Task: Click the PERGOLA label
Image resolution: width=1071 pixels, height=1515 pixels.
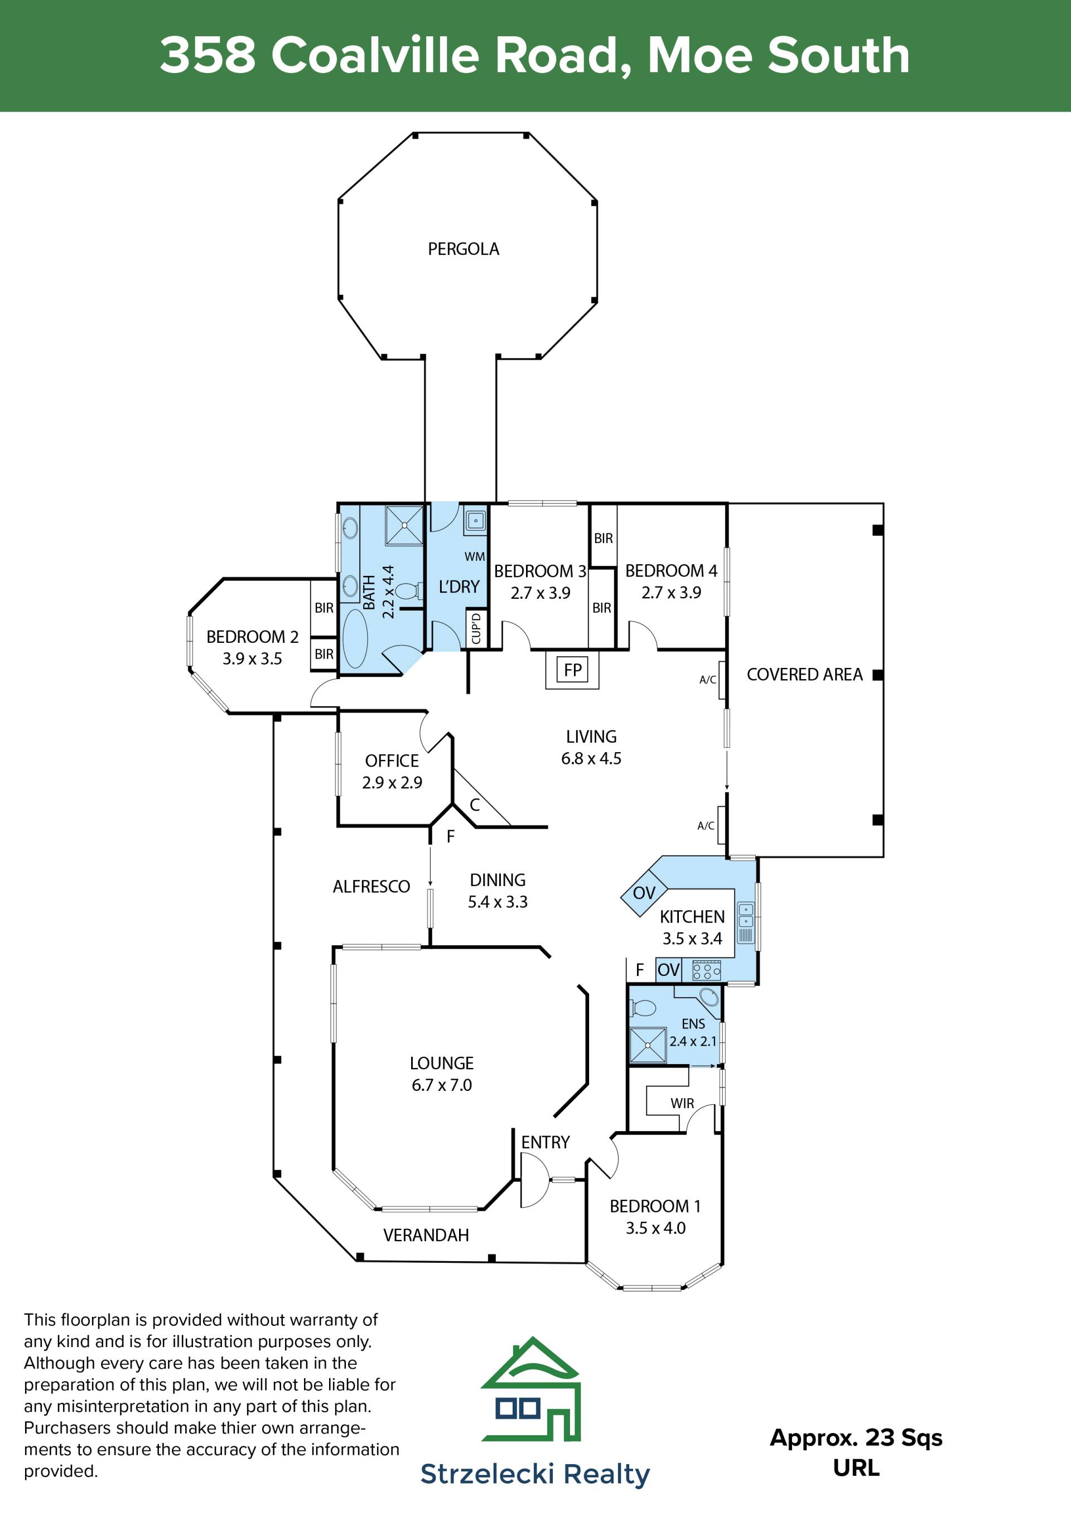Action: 464,249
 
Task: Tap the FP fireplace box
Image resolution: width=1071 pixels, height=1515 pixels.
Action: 572,670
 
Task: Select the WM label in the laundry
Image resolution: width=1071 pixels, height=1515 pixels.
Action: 475,556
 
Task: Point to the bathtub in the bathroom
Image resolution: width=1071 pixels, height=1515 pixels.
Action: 355,638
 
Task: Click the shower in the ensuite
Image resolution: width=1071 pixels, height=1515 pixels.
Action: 648,1045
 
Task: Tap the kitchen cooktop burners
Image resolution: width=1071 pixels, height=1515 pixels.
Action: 706,970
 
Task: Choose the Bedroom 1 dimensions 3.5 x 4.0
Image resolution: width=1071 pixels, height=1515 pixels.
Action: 655,1228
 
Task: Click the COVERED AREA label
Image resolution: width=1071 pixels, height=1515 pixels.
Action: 804,675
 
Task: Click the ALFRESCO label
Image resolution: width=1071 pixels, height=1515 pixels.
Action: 372,886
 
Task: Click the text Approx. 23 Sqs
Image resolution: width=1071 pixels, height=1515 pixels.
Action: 856,1438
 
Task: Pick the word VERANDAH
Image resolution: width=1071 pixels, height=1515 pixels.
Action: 426,1235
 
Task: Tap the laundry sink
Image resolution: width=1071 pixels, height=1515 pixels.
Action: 475,521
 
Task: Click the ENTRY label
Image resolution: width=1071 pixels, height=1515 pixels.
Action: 546,1142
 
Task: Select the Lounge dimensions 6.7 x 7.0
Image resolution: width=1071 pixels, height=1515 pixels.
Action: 442,1085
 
